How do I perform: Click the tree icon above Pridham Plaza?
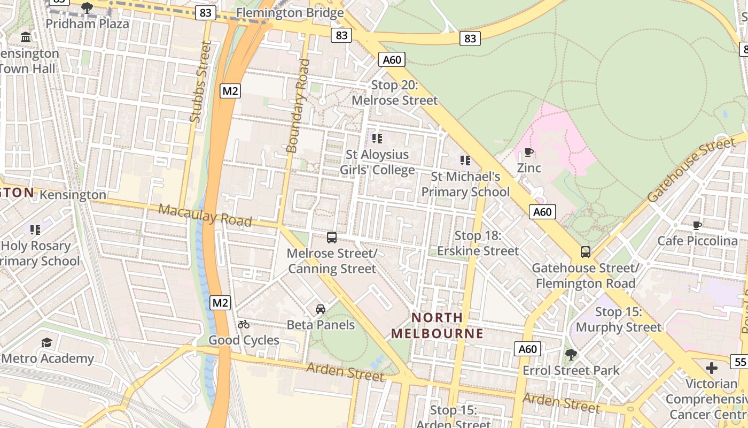coord(87,7)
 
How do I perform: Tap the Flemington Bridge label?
coord(290,12)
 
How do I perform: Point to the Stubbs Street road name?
coord(200,82)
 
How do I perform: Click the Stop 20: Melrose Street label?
coord(395,93)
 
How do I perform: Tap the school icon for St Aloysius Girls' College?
coord(377,139)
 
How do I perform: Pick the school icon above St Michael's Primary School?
coord(465,160)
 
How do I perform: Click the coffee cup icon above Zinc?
coord(529,152)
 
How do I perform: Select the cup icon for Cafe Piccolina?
coord(697,225)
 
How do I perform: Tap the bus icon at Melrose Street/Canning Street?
coord(332,237)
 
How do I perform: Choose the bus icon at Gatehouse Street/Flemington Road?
coord(586,251)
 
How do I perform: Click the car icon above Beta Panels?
coord(321,309)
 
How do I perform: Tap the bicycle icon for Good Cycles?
coord(244,324)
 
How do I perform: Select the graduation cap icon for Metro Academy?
coord(47,342)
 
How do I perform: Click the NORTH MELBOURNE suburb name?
coord(437,325)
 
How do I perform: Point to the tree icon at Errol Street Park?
coord(571,354)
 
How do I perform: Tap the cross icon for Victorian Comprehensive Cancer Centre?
coord(712,368)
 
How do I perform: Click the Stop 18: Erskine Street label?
coord(478,243)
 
